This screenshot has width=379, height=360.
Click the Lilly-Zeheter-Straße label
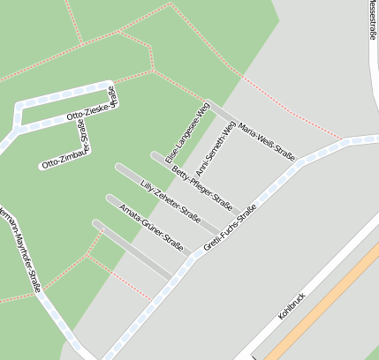[171, 202]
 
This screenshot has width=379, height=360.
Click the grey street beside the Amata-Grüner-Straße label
[133, 251]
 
